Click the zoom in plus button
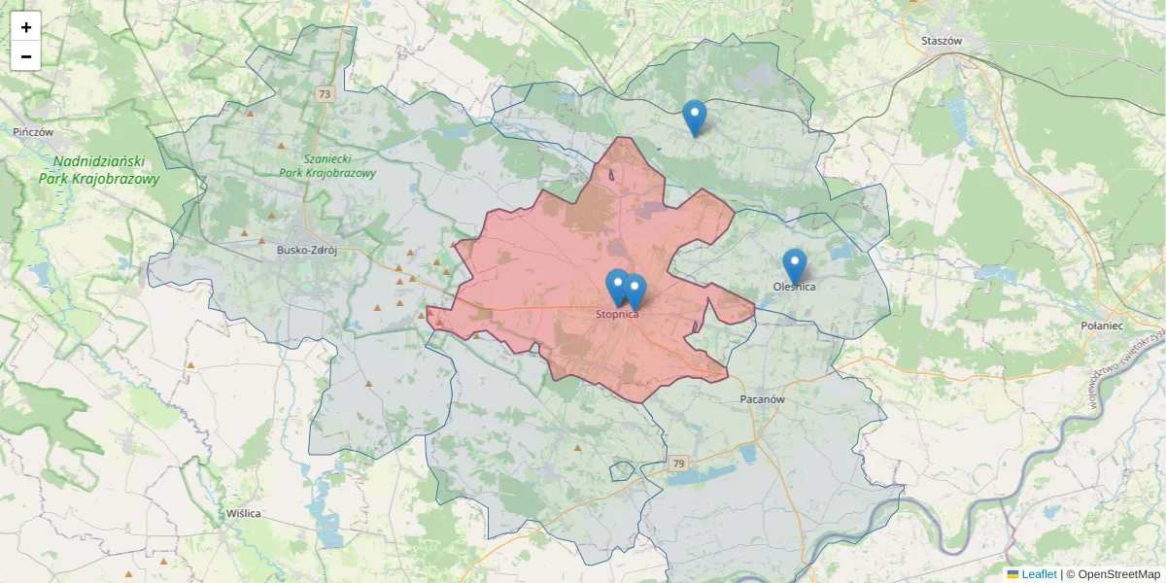tap(26, 27)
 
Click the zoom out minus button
tap(26, 56)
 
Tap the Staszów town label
tap(941, 41)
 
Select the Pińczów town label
tap(33, 131)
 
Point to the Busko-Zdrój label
tap(306, 250)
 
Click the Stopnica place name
tap(617, 315)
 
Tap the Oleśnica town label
tap(795, 287)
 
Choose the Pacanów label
tap(762, 399)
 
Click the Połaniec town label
tap(1102, 327)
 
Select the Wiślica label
tap(243, 513)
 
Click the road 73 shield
tap(325, 94)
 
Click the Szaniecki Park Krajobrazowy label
tap(326, 165)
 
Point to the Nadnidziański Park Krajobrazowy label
tap(99, 170)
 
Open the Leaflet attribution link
tap(1038, 574)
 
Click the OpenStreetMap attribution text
tap(1118, 574)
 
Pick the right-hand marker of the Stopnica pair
tap(634, 291)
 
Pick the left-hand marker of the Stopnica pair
tap(616, 286)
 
